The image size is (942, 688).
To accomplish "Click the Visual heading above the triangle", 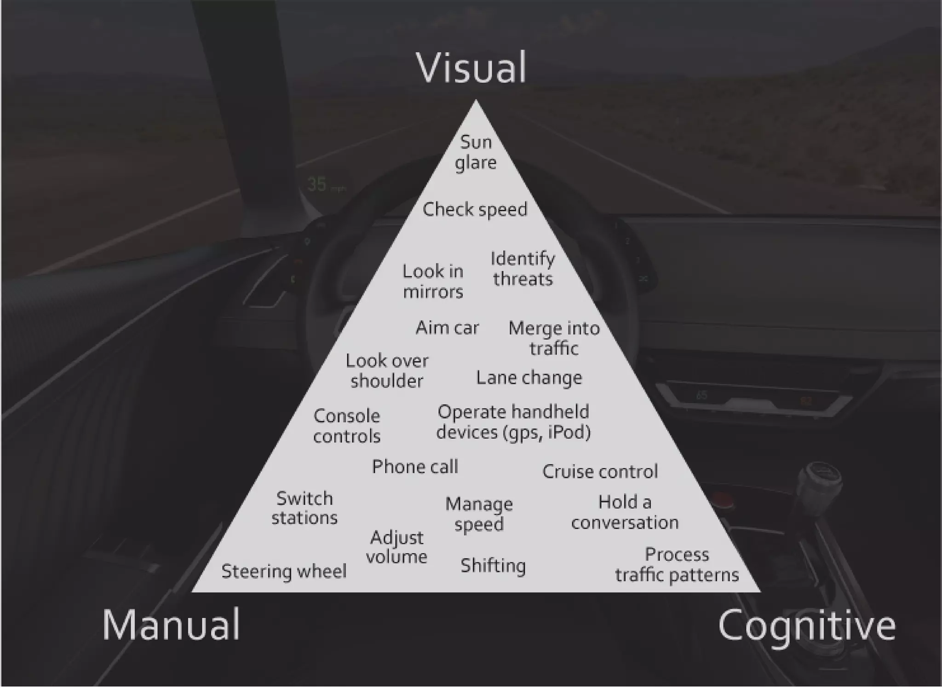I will coord(471,68).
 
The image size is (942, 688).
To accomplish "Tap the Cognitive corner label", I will coord(807,625).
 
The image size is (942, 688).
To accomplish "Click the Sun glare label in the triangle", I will coord(476,152).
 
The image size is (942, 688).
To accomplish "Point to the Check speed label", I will coord(475,210).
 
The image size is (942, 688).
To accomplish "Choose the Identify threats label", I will coord(523,269).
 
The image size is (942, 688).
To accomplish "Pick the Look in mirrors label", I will coord(433,281).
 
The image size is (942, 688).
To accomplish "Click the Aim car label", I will coord(447,328).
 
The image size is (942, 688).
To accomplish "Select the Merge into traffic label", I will coord(554,338).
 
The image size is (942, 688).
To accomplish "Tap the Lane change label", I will coord(529,378).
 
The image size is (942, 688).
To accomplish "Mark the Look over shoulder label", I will coord(387,371).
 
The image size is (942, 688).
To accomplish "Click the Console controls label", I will coord(347,426).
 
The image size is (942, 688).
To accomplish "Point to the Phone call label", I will coord(415,467).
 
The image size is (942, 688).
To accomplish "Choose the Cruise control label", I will coord(600,472).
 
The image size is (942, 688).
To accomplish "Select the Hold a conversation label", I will coord(625,512).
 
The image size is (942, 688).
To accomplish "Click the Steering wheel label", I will coord(284,572).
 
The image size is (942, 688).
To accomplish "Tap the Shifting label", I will coord(493,566).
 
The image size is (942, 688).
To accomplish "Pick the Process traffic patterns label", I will coord(677,565).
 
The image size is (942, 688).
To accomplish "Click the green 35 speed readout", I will coord(317,184).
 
